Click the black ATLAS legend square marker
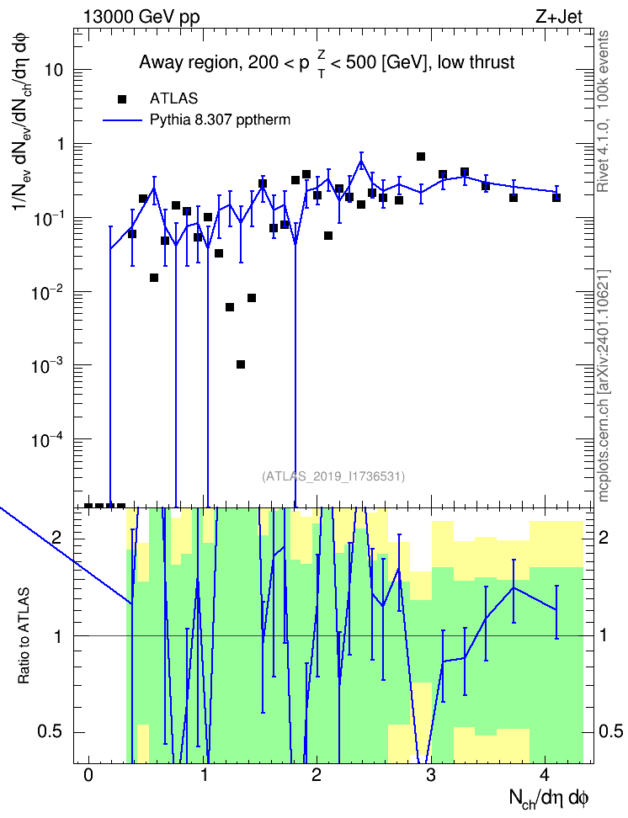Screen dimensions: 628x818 (122, 99)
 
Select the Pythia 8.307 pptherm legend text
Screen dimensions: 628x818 (220, 120)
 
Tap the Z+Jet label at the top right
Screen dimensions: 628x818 (559, 17)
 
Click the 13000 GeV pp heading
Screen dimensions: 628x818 (141, 17)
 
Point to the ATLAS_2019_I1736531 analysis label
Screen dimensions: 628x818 (333, 475)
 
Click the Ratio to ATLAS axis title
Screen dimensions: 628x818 (24, 636)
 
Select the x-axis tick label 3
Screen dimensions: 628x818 (430, 775)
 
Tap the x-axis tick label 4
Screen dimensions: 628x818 (545, 775)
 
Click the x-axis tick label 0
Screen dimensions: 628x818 (88, 775)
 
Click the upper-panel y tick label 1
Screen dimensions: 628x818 (61, 144)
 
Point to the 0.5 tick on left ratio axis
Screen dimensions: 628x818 (50, 732)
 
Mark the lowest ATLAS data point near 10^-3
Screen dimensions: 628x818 (241, 364)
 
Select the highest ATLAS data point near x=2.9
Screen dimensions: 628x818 (421, 157)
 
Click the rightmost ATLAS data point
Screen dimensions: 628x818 (556, 198)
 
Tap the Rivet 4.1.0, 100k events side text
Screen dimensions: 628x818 (604, 111)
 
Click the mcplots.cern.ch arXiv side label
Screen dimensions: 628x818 (604, 386)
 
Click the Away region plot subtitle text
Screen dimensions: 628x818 (327, 63)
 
